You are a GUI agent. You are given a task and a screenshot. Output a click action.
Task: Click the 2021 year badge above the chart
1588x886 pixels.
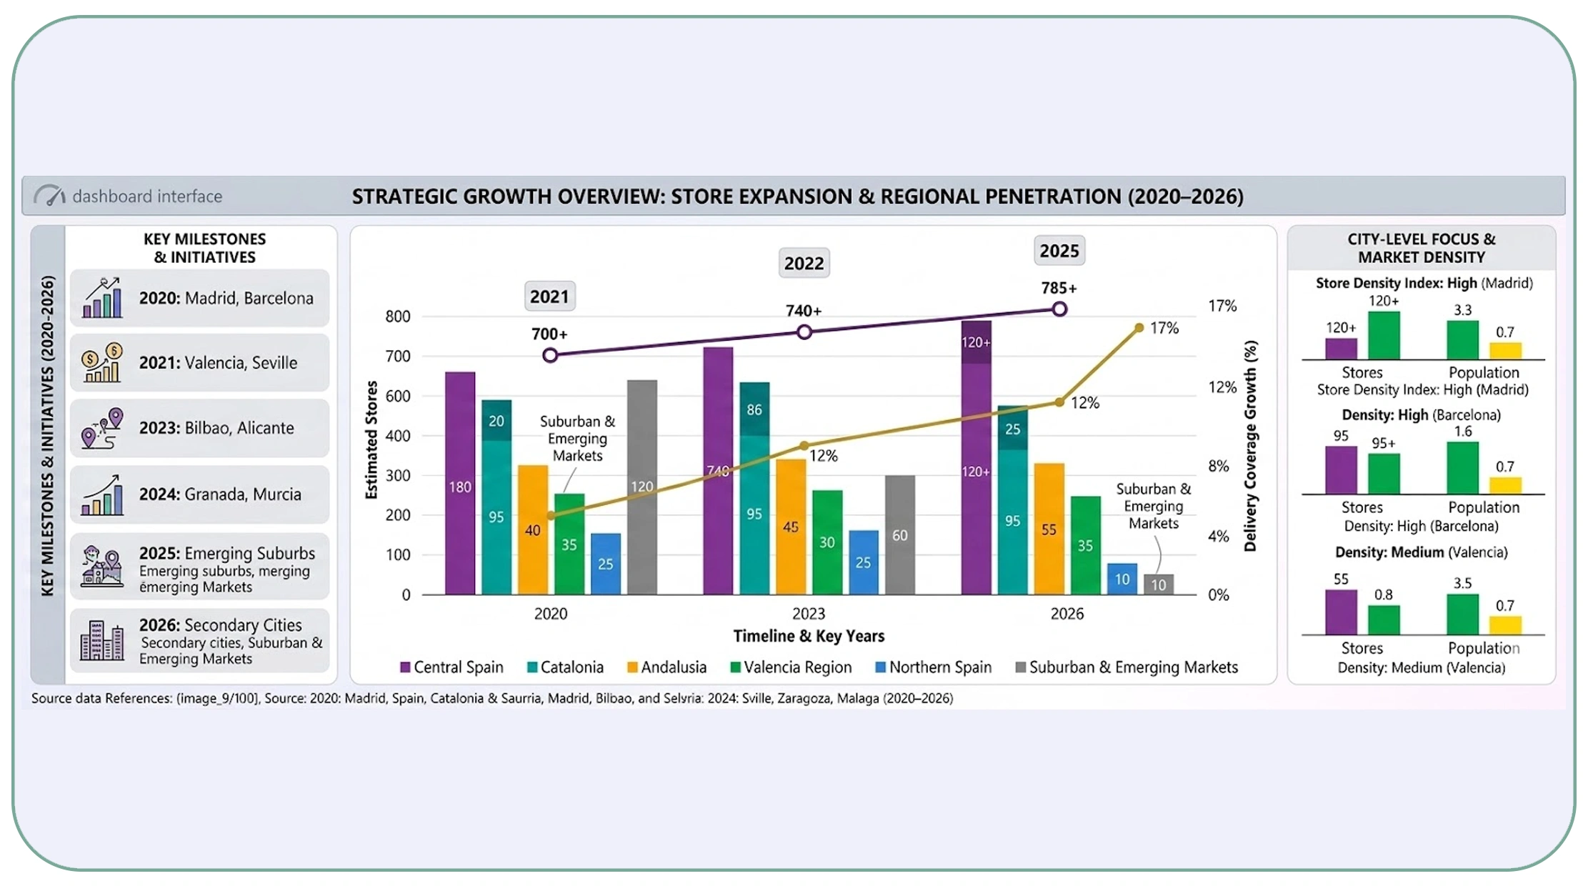point(549,297)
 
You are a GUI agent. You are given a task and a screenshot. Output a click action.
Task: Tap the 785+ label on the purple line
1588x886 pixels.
point(1058,288)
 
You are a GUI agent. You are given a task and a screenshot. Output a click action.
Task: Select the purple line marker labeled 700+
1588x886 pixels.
point(550,355)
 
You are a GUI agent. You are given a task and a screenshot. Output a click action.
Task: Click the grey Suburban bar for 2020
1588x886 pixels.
point(641,486)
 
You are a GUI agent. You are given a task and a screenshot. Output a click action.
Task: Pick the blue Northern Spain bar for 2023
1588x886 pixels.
point(863,562)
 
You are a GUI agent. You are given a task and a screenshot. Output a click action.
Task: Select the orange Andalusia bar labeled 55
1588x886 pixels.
point(1049,529)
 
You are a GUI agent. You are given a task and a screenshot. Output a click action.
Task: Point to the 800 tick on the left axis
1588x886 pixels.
point(398,317)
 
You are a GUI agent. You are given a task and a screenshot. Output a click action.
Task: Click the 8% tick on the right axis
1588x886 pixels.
point(1218,467)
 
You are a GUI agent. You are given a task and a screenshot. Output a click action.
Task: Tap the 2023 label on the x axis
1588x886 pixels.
point(808,614)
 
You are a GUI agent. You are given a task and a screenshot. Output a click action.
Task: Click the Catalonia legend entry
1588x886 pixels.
point(565,667)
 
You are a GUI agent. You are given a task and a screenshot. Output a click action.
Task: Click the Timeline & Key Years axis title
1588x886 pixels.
point(808,636)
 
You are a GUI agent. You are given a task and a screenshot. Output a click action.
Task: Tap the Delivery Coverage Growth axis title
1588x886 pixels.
point(1250,446)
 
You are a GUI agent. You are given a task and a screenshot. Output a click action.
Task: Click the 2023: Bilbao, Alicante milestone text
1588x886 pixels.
point(216,428)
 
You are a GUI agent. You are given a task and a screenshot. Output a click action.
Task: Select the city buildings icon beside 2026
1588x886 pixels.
point(101,640)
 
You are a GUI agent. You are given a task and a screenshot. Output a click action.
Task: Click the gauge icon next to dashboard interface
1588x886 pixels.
point(50,196)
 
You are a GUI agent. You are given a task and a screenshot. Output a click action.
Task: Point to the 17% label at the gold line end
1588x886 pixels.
point(1164,328)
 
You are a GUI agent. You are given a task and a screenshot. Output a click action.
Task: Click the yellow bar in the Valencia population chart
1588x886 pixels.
point(1504,625)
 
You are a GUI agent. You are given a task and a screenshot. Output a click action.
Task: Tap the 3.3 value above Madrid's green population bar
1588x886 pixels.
point(1462,310)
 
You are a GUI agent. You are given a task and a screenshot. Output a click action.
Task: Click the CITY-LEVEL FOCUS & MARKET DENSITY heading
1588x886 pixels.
point(1421,248)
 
